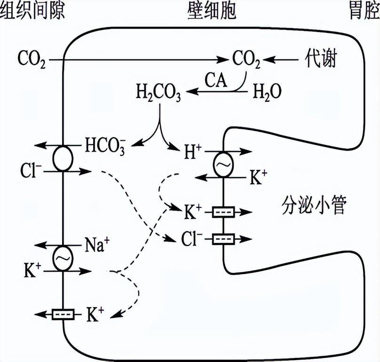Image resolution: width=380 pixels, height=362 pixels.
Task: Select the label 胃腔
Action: click(x=362, y=11)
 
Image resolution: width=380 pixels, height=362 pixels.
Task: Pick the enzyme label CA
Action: click(x=216, y=80)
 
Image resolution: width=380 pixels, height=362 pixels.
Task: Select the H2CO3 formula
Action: click(x=158, y=91)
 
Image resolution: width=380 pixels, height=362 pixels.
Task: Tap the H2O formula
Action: click(x=268, y=91)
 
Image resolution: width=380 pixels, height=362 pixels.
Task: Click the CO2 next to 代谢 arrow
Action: click(x=245, y=60)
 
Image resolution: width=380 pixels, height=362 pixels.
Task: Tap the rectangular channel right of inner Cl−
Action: click(x=224, y=239)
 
